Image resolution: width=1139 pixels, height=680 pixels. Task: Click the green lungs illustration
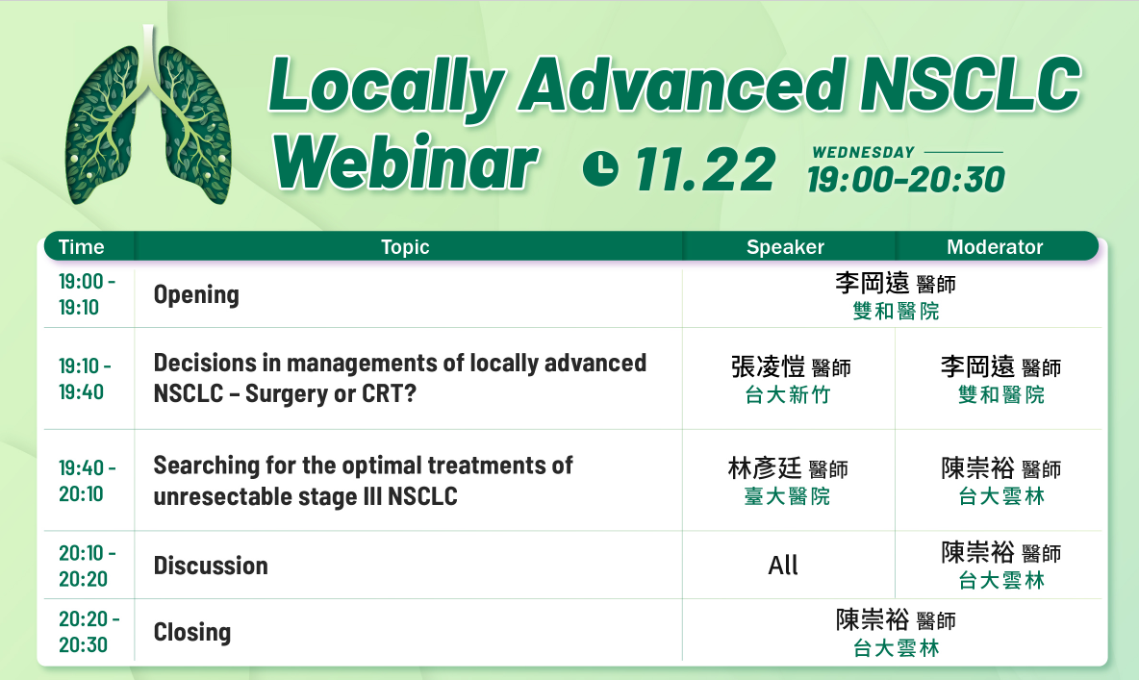click(x=149, y=116)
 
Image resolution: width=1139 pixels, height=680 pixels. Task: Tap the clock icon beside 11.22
click(x=600, y=168)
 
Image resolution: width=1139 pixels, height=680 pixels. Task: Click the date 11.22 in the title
click(x=705, y=170)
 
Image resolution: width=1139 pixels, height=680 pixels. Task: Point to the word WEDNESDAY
click(x=863, y=153)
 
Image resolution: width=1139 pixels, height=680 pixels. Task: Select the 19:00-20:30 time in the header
click(x=906, y=180)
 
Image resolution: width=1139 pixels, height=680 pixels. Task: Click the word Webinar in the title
click(x=405, y=163)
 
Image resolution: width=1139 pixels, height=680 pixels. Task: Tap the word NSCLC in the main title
click(x=971, y=85)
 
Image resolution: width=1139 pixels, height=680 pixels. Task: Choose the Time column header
click(x=82, y=247)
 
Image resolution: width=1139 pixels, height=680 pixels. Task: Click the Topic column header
click(x=405, y=247)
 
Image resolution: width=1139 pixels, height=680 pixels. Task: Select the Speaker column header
click(x=785, y=247)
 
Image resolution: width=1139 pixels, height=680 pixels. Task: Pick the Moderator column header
click(x=995, y=247)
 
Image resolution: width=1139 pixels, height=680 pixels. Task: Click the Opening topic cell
click(x=196, y=295)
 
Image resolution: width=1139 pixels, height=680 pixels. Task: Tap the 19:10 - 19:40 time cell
click(x=85, y=379)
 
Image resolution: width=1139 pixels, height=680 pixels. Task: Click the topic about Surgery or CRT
click(x=399, y=378)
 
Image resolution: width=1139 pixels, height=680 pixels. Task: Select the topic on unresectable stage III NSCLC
click(x=364, y=480)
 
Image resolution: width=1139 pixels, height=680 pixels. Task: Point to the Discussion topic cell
click(x=211, y=566)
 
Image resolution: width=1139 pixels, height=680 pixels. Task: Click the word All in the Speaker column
click(x=783, y=565)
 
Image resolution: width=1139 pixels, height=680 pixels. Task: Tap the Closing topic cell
click(x=191, y=632)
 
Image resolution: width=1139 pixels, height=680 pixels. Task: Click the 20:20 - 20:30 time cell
click(x=89, y=631)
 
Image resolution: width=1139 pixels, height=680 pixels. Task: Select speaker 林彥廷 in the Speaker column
click(x=764, y=468)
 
